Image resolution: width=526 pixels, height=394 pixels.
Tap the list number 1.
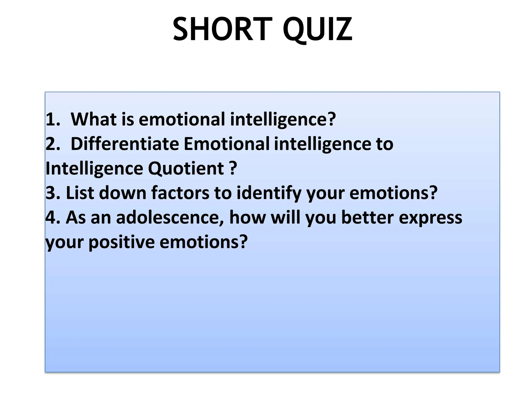53,119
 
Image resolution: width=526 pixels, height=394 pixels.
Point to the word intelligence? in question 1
283,120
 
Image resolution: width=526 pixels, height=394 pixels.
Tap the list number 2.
53,144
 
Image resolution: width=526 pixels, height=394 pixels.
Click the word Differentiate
125,144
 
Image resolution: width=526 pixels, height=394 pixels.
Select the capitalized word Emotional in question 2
227,144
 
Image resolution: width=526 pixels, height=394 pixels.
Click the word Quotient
186,169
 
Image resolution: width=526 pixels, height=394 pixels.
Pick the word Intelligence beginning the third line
94,169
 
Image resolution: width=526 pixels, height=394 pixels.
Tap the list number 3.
53,193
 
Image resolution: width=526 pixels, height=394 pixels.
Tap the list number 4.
53,218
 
